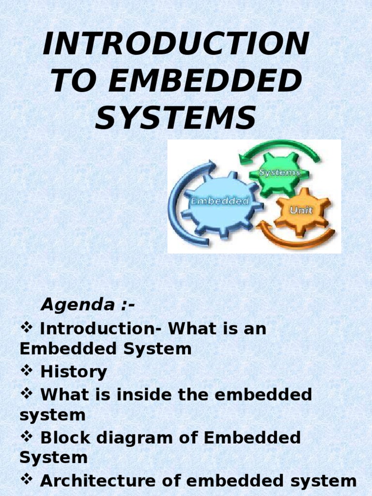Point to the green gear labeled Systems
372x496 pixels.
click(x=279, y=172)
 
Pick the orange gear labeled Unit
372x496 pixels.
click(x=301, y=211)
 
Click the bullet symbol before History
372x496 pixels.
click(x=26, y=371)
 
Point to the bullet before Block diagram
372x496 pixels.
click(x=26, y=437)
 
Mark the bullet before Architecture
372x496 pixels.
click(x=26, y=480)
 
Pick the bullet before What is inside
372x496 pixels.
click(x=26, y=394)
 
